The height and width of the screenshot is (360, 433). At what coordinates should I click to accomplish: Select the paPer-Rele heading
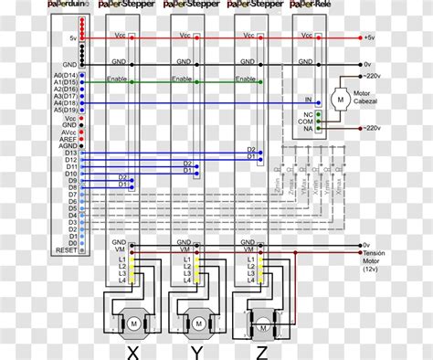pos(312,5)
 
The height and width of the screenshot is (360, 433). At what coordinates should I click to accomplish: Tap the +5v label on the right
pos(368,37)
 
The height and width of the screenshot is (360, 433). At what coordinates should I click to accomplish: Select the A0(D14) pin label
pos(64,75)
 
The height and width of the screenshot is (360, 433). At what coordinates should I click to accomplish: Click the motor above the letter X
pos(132,323)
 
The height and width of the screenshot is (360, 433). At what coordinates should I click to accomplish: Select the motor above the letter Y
pos(196,323)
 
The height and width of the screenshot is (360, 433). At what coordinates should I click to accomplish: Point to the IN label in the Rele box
pos(309,98)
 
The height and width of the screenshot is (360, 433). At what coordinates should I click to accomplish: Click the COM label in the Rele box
pos(308,122)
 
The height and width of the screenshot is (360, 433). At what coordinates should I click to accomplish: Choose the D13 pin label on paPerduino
pos(70,153)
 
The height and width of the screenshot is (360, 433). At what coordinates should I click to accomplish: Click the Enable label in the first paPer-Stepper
pos(116,80)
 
